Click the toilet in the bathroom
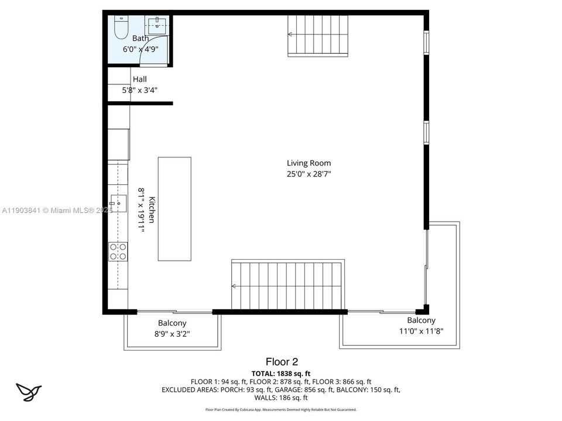[x=121, y=27]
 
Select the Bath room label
[x=140, y=39]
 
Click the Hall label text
[x=139, y=79]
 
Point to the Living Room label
[x=309, y=163]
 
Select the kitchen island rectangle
[x=174, y=208]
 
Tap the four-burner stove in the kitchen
[x=118, y=251]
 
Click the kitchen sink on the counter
[x=119, y=203]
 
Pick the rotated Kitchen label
[x=152, y=209]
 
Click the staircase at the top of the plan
[x=318, y=35]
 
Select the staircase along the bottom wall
[x=287, y=285]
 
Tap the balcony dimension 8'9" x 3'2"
[x=172, y=334]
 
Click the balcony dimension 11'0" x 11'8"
[x=421, y=331]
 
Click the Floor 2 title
[x=282, y=362]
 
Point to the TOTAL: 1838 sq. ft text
[x=281, y=373]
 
